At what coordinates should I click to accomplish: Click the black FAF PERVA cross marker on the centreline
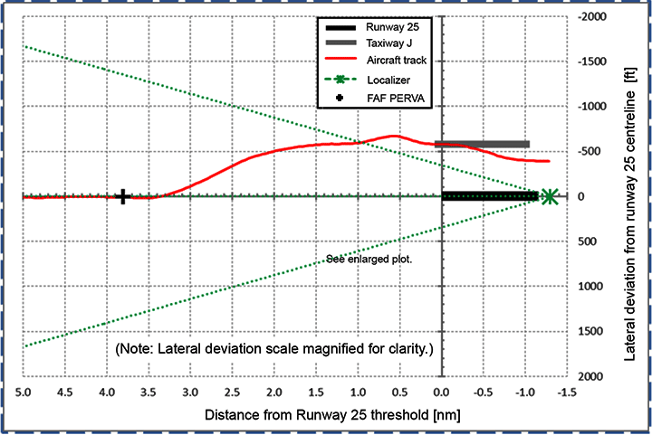(x=124, y=196)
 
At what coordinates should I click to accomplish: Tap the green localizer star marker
(x=549, y=196)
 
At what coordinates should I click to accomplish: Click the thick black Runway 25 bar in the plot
(x=489, y=196)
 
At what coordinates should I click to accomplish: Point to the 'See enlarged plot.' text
(x=369, y=260)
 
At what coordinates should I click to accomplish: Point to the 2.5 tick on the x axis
(x=232, y=393)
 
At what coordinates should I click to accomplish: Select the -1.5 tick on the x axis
(x=566, y=393)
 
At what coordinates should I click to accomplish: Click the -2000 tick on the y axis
(x=592, y=17)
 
